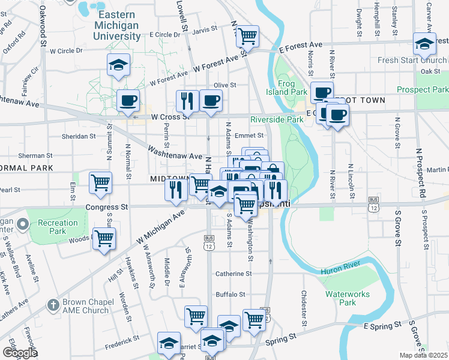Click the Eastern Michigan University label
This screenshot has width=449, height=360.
click(x=117, y=25)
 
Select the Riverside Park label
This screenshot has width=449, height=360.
click(x=277, y=119)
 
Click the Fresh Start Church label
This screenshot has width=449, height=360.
click(x=412, y=61)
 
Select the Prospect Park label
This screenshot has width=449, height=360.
click(x=423, y=89)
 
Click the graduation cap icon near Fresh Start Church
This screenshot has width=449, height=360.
click(x=424, y=44)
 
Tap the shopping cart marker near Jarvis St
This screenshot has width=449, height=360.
click(x=247, y=37)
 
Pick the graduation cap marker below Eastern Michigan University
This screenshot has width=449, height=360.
click(x=118, y=65)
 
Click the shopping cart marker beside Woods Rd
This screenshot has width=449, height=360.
click(x=104, y=239)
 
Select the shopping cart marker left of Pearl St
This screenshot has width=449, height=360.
click(x=100, y=183)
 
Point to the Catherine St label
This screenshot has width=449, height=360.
click(x=234, y=274)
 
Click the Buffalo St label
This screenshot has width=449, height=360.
click(x=231, y=295)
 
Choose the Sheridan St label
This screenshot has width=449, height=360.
click(x=80, y=136)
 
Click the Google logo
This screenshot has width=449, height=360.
click(x=20, y=353)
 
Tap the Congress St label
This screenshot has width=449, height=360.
click(x=107, y=207)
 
